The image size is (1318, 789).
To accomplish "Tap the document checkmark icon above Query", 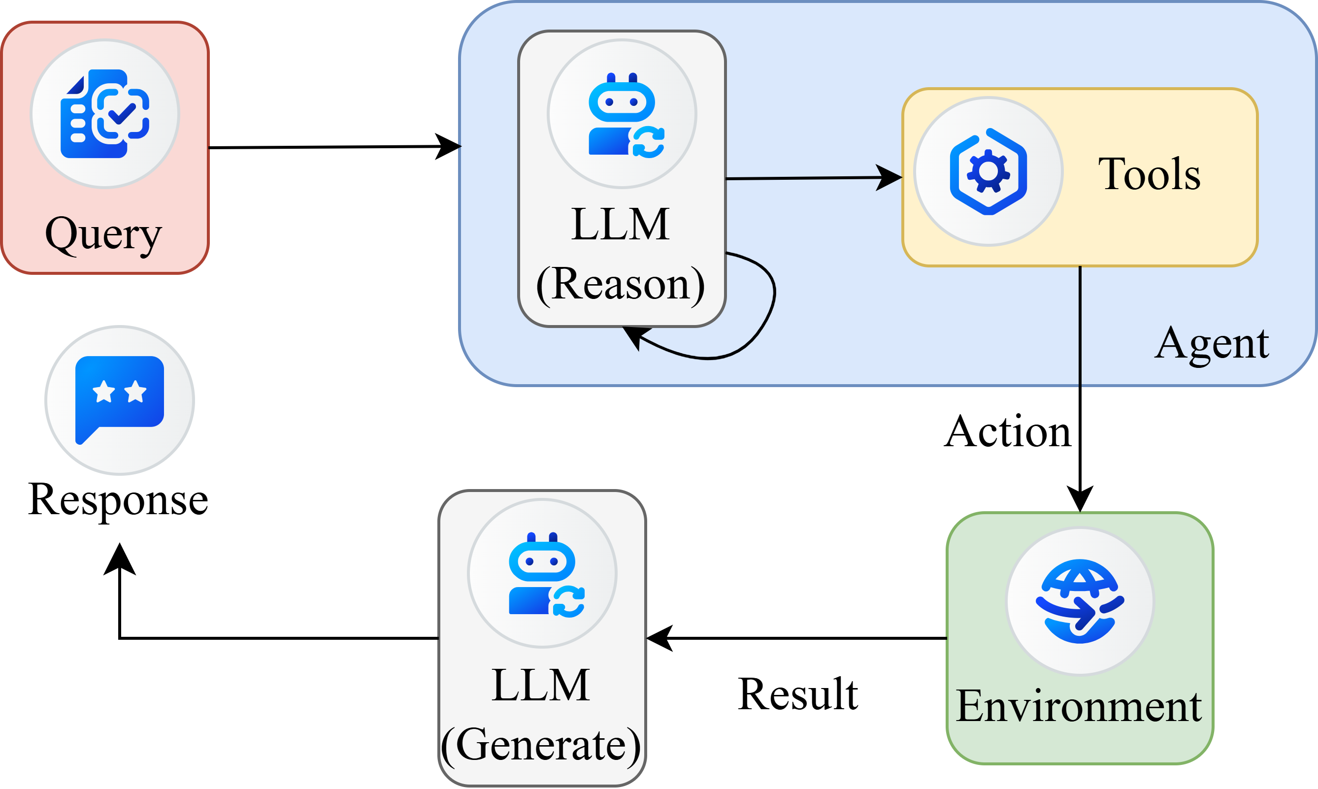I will pos(105,114).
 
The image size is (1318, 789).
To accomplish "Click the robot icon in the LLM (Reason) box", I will pos(622,114).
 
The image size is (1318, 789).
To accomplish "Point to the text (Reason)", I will pos(621,285).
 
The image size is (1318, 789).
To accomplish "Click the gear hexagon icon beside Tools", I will pos(988,171).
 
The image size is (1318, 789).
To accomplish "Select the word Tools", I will pos(1149,174).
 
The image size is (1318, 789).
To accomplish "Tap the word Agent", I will pos(1212,343).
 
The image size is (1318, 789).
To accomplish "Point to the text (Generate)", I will pos(541,744).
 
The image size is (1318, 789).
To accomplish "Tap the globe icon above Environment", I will pos(1080,601).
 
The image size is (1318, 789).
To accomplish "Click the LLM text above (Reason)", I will pos(621,225).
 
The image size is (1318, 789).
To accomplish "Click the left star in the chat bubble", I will pos(103,392).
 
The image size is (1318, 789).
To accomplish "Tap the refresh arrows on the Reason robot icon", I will pos(648,142).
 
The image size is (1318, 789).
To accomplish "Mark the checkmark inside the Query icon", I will pos(121,113).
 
